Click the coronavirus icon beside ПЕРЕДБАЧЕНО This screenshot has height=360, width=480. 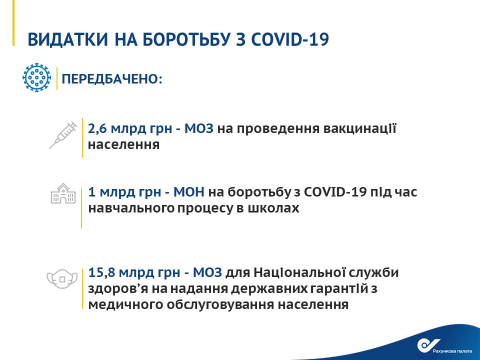[36, 78]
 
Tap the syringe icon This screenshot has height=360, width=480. [63, 135]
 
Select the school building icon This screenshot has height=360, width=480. [63, 193]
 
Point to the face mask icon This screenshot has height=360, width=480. [62, 279]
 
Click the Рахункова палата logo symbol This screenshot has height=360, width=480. [428, 345]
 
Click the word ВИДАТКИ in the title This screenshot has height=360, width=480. [68, 39]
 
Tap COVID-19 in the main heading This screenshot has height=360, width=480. [290, 39]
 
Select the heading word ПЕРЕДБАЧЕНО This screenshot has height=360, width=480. [111, 79]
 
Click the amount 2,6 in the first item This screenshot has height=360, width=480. [97, 129]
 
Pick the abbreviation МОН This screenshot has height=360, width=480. [189, 192]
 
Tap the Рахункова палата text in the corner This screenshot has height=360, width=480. [452, 351]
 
